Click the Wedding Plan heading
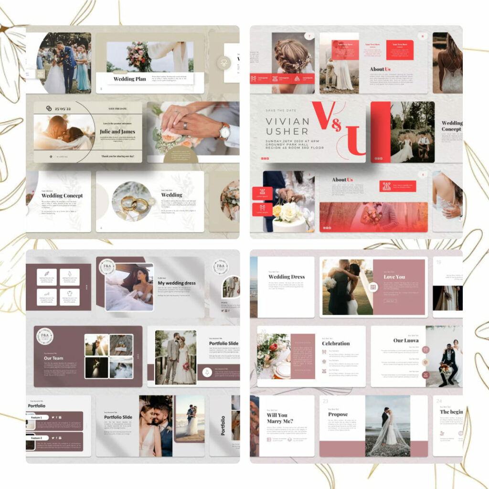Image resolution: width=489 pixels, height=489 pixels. [130, 79]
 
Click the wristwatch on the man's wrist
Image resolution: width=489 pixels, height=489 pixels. [224, 130]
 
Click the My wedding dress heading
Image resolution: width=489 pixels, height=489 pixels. [177, 283]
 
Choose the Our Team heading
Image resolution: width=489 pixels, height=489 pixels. [53, 358]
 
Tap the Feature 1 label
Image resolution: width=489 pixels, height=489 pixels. [37, 417]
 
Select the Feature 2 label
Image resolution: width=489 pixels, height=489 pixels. [37, 437]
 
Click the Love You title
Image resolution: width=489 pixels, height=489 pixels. [394, 276]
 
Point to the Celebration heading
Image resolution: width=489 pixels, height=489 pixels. [336, 343]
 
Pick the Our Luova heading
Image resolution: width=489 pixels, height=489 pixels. [406, 340]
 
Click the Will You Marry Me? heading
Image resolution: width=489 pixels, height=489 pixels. [280, 418]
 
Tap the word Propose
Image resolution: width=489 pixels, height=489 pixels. [338, 415]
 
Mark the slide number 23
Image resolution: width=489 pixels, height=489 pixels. [325, 401]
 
